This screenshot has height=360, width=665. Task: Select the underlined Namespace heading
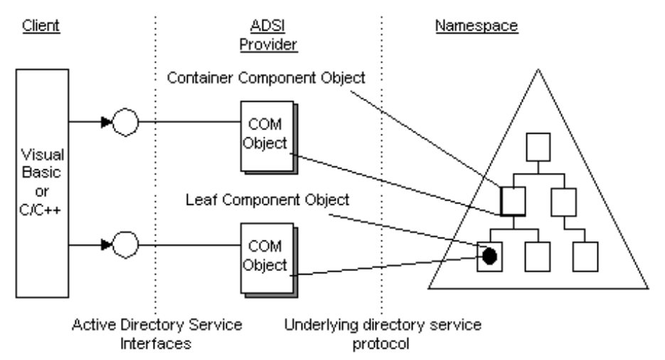coord(475,28)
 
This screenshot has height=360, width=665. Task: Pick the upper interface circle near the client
coord(127,123)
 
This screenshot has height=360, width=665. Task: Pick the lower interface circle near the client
coord(127,246)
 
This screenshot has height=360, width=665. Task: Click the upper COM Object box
coord(266,133)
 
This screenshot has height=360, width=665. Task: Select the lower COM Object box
coord(266,255)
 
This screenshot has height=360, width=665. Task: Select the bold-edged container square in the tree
coord(511,201)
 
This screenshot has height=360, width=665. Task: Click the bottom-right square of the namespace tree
coord(585,254)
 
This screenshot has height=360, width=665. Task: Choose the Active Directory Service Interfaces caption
coord(157,333)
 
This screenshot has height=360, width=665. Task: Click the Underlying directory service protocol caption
coord(383,333)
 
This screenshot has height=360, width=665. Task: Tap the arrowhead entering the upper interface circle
coord(108,123)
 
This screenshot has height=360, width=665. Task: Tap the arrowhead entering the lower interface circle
coord(108,246)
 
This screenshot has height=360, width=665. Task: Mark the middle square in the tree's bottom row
coord(536,254)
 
